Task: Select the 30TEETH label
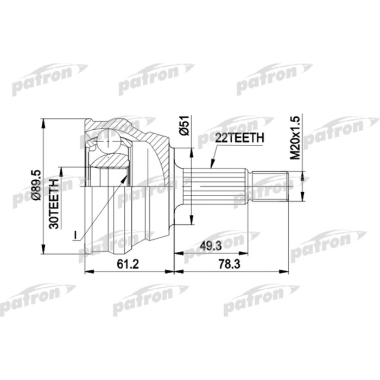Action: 54,202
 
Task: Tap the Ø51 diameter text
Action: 184,126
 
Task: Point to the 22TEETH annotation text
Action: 239,138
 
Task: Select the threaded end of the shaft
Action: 271,185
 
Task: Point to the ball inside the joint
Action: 111,144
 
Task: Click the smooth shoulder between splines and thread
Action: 251,185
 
